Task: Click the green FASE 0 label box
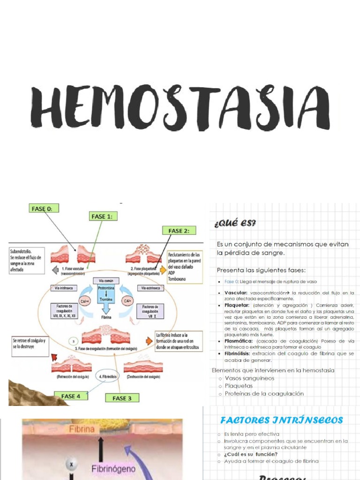click(45, 209)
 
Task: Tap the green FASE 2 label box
click(179, 231)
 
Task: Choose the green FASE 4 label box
click(71, 396)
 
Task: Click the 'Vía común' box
click(106, 280)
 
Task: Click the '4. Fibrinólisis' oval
click(108, 376)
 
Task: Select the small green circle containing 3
click(73, 341)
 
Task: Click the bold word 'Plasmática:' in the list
click(240, 341)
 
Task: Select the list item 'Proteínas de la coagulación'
click(264, 393)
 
